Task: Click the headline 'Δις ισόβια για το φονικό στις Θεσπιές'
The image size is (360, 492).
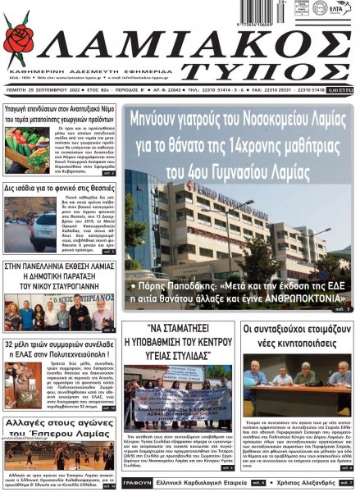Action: point(58,188)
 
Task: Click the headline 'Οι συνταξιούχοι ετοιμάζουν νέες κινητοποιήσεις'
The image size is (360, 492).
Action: point(297,335)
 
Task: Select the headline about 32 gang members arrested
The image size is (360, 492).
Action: point(58,349)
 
